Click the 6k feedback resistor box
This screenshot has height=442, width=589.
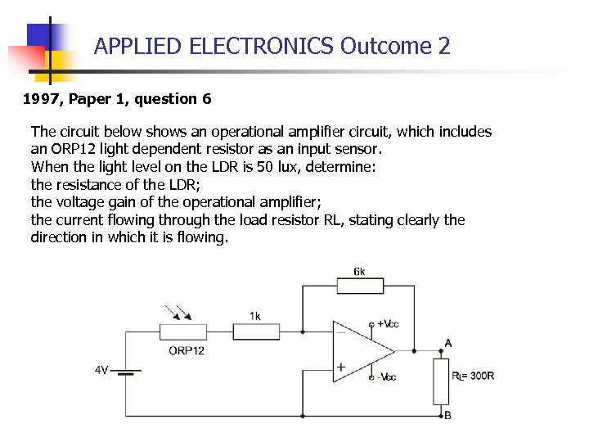point(360,286)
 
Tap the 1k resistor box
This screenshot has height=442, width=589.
point(257,331)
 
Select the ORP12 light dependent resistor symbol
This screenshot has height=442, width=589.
point(183,331)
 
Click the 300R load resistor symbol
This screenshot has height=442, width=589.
point(442,381)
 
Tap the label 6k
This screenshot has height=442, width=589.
point(360,271)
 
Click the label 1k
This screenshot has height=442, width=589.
point(255,316)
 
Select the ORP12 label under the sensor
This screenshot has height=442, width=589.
point(187,350)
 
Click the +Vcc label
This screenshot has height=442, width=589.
point(388,324)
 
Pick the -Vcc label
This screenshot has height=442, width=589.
point(387,377)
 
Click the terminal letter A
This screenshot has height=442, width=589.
point(447,342)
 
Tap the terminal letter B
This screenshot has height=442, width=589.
point(447,415)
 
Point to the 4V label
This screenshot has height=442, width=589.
point(101,370)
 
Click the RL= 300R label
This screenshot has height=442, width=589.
point(474,376)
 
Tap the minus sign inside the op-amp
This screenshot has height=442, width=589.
point(340,332)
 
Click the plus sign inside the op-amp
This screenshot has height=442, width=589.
point(340,368)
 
